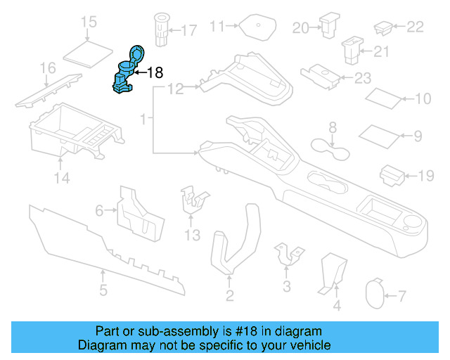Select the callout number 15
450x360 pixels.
point(89,22)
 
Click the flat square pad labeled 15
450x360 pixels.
point(89,51)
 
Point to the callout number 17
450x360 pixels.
point(188,30)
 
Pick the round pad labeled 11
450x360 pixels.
point(257,29)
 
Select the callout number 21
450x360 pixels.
point(380,51)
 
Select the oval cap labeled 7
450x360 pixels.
point(376,295)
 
